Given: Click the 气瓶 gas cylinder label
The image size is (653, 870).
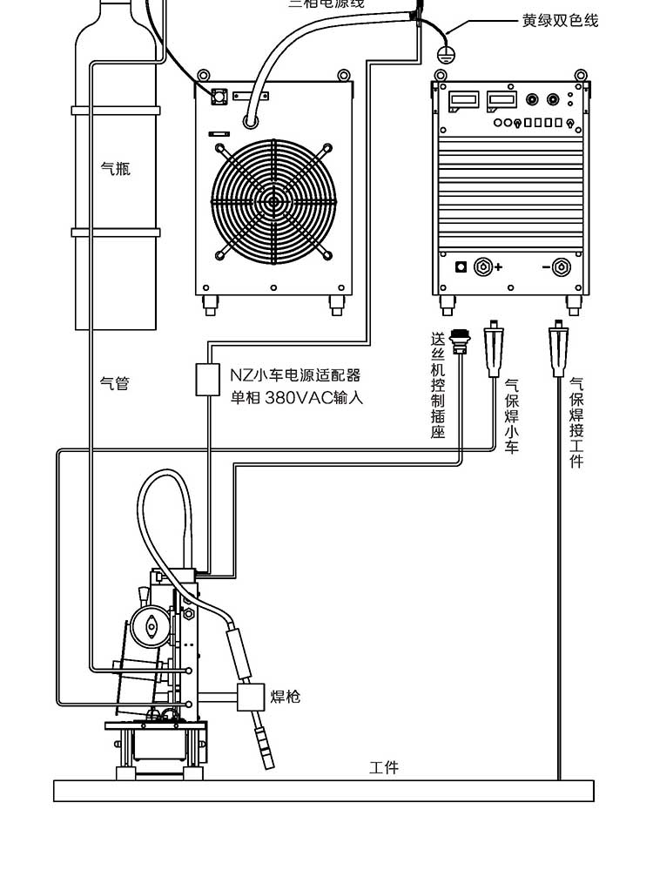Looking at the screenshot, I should tap(115, 168).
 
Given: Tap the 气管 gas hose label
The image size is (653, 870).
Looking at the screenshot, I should tap(115, 382).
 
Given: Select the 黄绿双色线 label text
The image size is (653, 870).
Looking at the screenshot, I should tap(560, 20).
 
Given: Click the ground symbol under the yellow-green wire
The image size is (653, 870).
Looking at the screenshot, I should tap(445, 54).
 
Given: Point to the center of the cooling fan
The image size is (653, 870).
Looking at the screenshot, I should tap(273, 202).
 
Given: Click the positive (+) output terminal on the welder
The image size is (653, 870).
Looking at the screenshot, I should tap(483, 266).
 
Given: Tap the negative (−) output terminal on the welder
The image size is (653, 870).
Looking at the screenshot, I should tap(562, 266).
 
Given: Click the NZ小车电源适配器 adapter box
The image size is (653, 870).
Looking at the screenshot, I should tap(208, 381).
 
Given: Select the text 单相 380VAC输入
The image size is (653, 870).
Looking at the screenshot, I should tap(295, 399).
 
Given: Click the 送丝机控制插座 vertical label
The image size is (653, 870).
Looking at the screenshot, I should tap(438, 384).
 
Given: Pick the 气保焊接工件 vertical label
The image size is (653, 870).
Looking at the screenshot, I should tap(576, 422).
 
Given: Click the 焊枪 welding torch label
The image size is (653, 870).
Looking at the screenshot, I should tap(285, 696).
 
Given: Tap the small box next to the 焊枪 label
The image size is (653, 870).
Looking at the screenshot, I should tap(250, 697).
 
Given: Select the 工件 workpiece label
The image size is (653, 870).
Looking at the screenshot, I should tap(384, 767).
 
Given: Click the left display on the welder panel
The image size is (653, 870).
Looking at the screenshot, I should tap(459, 102).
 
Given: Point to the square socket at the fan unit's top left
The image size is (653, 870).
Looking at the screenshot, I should tap(218, 95).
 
